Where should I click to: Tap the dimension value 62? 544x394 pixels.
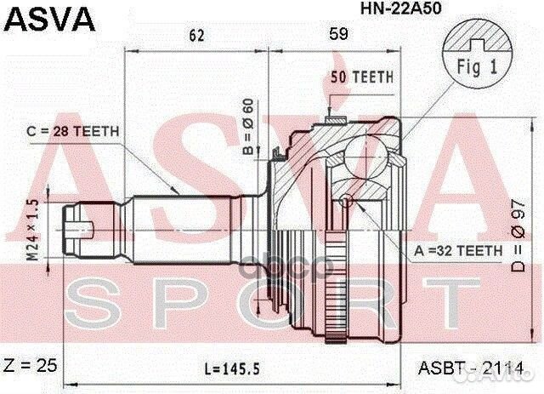(x=196, y=35)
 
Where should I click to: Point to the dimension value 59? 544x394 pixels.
(x=338, y=35)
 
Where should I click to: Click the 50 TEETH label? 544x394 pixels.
(x=362, y=77)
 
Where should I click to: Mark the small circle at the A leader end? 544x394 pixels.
(x=344, y=202)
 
